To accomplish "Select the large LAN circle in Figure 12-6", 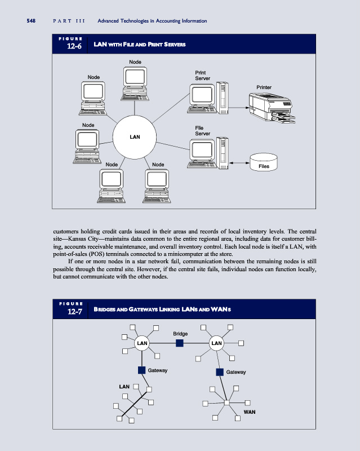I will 135,137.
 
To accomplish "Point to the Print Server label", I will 203,75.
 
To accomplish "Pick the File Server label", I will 203,131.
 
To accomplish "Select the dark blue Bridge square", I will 180,343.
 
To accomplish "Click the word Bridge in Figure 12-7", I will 180,334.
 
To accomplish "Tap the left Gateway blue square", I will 142,370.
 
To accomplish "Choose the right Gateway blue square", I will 220,372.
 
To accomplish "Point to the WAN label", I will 250,412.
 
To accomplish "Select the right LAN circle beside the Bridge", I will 217,343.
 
